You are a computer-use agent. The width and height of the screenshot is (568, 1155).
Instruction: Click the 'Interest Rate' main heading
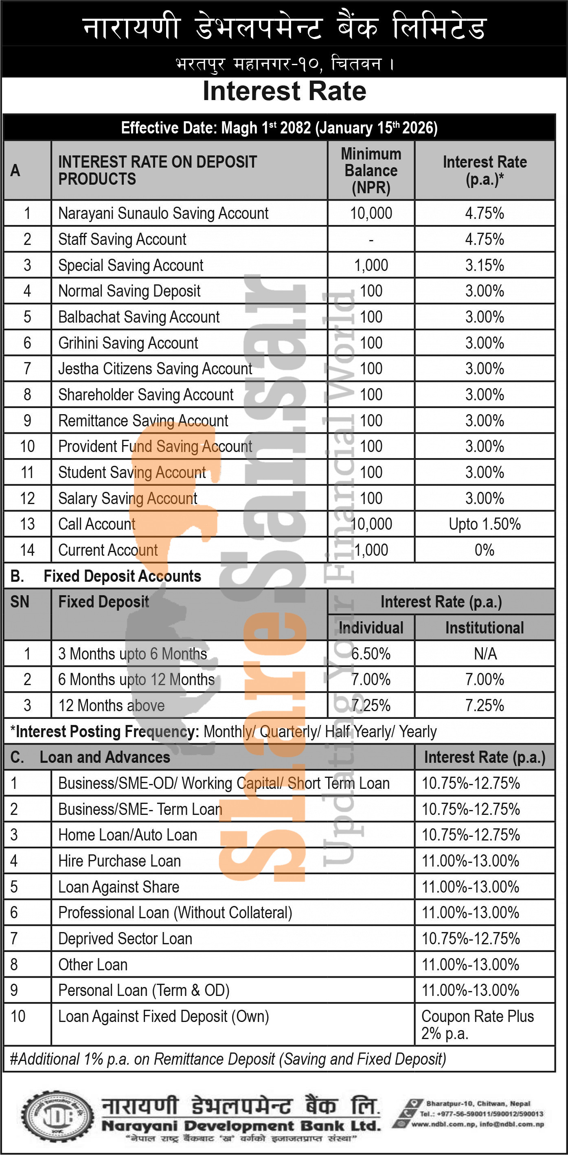click(x=284, y=92)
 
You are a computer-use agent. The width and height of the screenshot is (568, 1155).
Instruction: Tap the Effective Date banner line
click(x=279, y=128)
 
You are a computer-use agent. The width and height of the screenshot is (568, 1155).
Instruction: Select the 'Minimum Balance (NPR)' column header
click(x=371, y=170)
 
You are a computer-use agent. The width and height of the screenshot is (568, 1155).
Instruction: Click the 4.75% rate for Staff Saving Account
click(x=485, y=239)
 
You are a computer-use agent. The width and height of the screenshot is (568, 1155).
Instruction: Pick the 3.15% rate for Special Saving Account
click(x=485, y=265)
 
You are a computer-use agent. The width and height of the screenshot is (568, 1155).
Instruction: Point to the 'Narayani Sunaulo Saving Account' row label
click(x=163, y=213)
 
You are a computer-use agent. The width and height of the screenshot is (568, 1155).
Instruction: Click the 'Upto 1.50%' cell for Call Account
click(x=485, y=524)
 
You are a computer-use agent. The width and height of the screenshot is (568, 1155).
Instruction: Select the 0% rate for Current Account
click(x=485, y=550)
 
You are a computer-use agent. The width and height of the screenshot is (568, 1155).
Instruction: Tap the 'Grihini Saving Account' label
click(x=128, y=343)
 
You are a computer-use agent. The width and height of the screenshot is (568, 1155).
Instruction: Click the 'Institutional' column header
click(x=485, y=628)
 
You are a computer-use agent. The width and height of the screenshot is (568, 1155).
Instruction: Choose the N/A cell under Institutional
click(x=485, y=654)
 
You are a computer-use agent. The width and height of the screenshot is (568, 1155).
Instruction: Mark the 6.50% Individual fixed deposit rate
click(x=371, y=654)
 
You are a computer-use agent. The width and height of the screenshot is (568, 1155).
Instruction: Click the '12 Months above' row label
click(x=111, y=706)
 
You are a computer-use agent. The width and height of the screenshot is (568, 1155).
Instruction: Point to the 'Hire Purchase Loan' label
click(x=119, y=861)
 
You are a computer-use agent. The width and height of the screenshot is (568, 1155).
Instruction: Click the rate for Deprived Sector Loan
click(x=471, y=939)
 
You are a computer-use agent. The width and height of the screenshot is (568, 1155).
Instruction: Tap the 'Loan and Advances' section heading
click(x=105, y=757)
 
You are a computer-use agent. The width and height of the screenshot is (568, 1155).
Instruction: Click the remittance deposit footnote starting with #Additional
click(x=228, y=1059)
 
